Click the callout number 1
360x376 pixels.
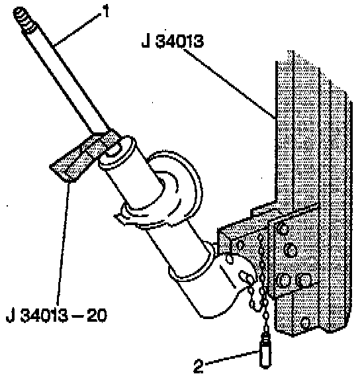pyautogui.click(x=105, y=11)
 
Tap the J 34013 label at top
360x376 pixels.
pyautogui.click(x=173, y=41)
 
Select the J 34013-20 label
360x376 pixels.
pyautogui.click(x=56, y=315)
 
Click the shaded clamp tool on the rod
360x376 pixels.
pyautogui.click(x=84, y=156)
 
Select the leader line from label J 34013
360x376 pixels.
pyautogui.click(x=230, y=83)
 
